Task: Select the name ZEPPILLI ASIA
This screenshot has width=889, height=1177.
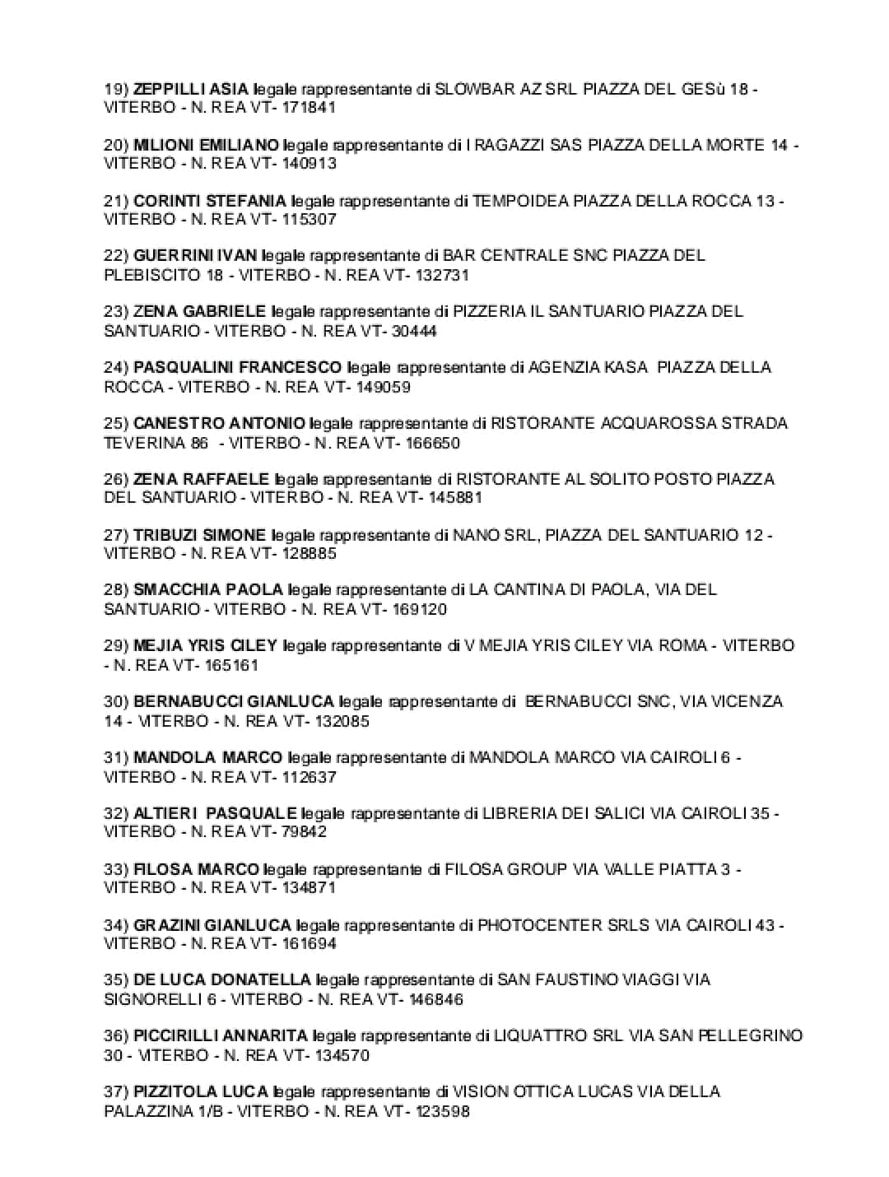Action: (192, 89)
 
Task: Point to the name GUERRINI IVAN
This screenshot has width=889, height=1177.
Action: (195, 255)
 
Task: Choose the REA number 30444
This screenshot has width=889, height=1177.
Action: (410, 331)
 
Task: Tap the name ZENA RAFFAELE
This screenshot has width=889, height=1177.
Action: (201, 479)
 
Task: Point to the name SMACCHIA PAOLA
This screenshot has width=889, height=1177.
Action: (208, 589)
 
